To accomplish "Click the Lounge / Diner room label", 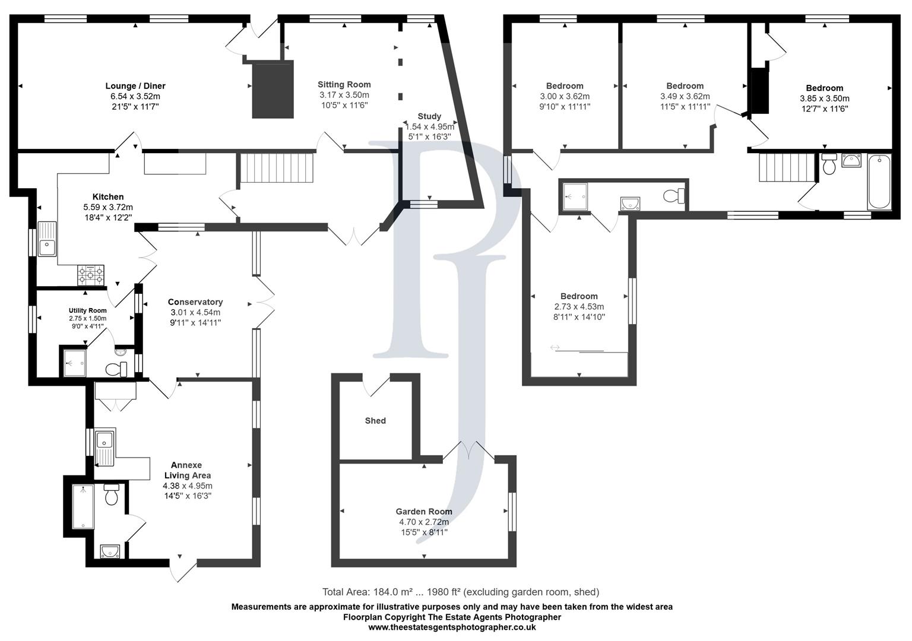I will [135, 86].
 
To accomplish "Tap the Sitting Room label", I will [344, 84].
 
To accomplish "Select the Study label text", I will [429, 116].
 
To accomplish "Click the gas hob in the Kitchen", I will [90, 275].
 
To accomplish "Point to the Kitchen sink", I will [46, 239].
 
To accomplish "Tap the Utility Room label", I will [88, 310].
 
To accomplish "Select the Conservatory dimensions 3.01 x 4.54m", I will [195, 313].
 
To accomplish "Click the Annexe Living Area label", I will [187, 470].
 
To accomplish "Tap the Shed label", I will [375, 421].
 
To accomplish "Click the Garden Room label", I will [424, 512].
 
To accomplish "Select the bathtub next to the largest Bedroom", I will [879, 182].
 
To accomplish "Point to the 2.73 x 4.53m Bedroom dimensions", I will [579, 307].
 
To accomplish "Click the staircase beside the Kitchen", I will [277, 168].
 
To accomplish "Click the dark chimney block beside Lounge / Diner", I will [273, 89].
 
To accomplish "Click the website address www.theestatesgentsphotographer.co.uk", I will [452, 627].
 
